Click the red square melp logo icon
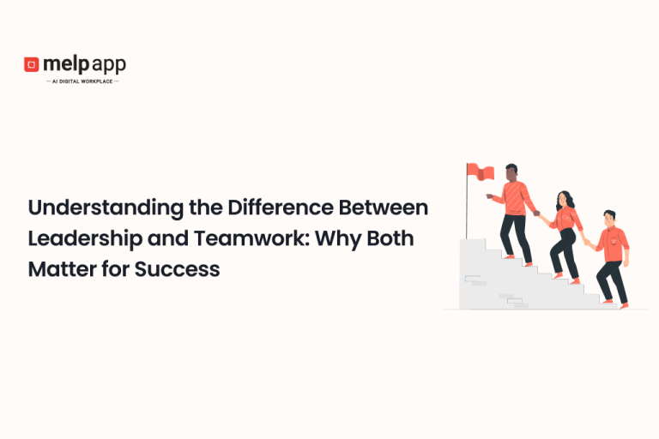click(x=32, y=64)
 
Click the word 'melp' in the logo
click(x=67, y=64)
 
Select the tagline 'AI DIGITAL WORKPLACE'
click(x=82, y=81)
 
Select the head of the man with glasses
click(x=609, y=218)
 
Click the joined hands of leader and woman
click(x=538, y=214)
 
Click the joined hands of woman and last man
click(x=588, y=242)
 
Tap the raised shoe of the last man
click(x=623, y=305)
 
